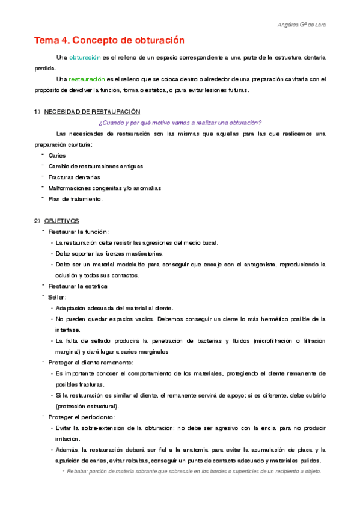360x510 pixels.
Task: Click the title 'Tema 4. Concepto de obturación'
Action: click(108, 41)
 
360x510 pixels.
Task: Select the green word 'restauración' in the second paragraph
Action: click(86, 79)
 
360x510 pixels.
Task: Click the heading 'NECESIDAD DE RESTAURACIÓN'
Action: click(92, 112)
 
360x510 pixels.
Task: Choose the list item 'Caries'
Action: click(57, 155)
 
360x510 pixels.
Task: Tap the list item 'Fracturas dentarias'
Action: click(74, 177)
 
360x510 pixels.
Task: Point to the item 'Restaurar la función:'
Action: click(78, 232)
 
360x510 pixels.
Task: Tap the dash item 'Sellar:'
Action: click(57, 297)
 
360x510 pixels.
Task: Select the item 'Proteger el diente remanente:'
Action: click(91, 362)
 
